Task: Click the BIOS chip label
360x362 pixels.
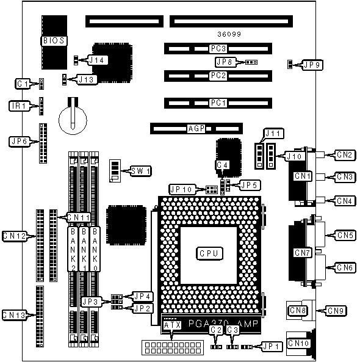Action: coord(54,41)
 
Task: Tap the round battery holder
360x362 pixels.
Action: coord(73,120)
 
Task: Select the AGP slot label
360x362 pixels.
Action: coord(196,129)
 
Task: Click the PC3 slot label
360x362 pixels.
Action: coord(218,48)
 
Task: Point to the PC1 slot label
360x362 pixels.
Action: coord(218,103)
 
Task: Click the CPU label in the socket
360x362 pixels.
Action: coord(209,253)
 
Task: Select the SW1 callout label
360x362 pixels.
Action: coord(140,171)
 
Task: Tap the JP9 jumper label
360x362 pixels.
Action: coord(312,65)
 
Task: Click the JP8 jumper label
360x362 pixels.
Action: coord(225,62)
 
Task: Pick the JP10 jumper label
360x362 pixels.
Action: coord(182,189)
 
